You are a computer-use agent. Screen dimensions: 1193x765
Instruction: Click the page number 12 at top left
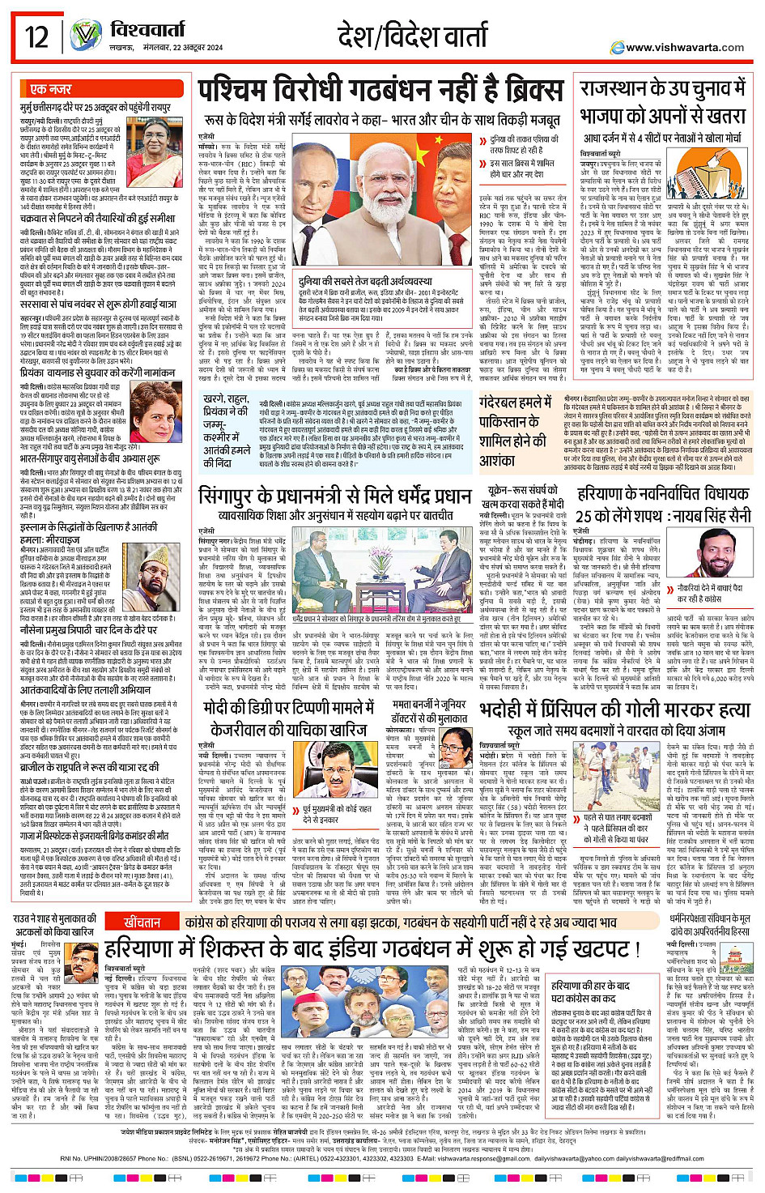point(37,36)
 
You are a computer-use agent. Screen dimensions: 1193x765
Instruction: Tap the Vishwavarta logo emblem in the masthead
point(86,36)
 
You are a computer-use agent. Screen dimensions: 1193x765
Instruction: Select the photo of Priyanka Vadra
point(155,413)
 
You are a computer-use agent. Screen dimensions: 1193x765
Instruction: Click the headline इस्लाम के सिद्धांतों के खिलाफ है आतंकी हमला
point(88,532)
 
